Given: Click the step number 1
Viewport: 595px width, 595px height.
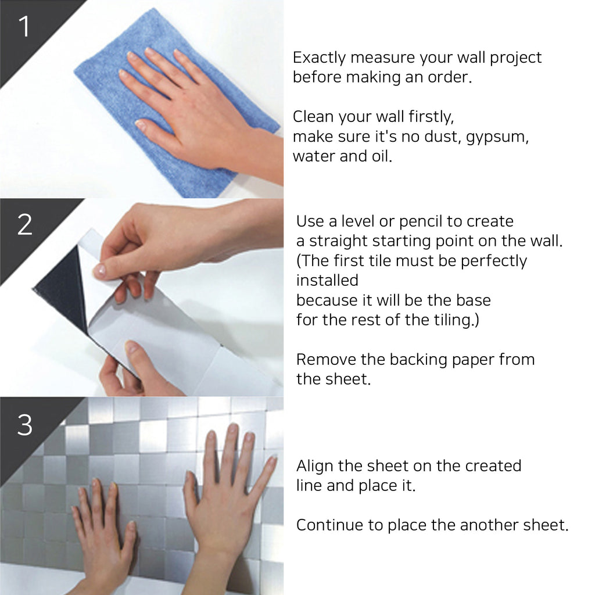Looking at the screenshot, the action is (24, 27).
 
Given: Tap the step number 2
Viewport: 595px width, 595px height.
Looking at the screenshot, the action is (24, 224).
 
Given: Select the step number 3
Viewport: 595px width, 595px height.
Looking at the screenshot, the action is (24, 425).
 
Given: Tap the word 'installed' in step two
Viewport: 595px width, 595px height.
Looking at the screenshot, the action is (328, 281).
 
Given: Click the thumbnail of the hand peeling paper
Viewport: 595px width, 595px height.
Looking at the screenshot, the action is (99, 270).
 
